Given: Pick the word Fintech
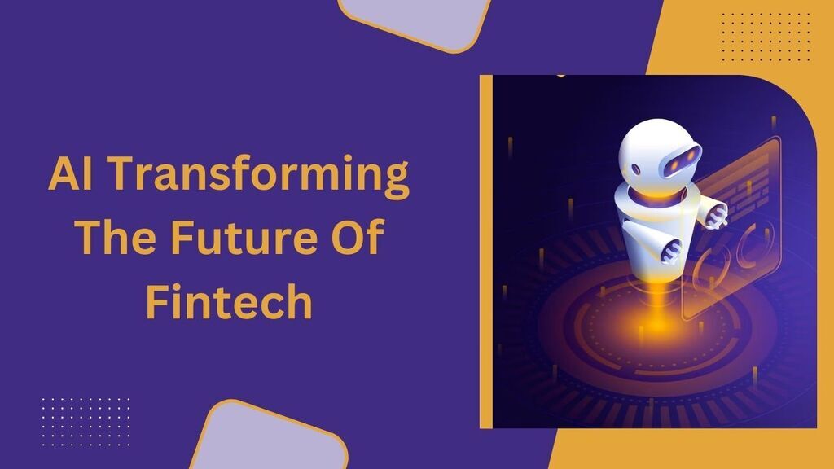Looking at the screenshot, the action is [x=229, y=300].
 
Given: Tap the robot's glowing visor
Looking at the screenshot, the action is [x=681, y=160].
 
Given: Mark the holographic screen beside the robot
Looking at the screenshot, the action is [x=731, y=229].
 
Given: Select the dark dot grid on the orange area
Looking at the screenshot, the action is [x=766, y=36].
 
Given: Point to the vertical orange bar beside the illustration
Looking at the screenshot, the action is [x=486, y=252].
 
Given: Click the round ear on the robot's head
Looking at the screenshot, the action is [x=636, y=169].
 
